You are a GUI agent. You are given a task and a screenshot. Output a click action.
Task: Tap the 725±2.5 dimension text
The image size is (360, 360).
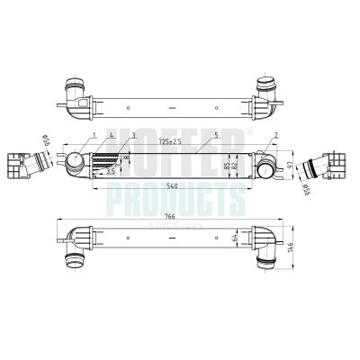pos(168,142)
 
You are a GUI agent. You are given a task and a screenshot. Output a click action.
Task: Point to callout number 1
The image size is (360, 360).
pos(94,135)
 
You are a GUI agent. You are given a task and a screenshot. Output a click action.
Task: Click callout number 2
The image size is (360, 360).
pos(274,135)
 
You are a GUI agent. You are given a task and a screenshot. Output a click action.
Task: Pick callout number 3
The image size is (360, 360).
pos(133,135)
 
